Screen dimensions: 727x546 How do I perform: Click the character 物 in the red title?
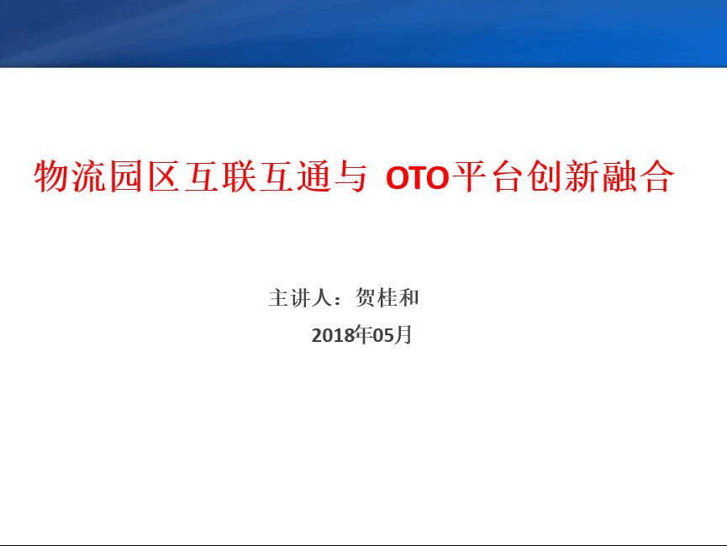(x=52, y=176)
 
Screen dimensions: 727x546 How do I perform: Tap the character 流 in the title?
(x=89, y=176)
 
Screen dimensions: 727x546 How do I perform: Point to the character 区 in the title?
(x=164, y=176)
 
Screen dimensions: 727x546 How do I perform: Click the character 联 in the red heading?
(x=239, y=176)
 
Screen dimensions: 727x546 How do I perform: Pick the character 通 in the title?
(x=313, y=176)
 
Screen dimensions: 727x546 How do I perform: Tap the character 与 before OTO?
(x=351, y=176)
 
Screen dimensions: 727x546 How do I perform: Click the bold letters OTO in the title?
(x=417, y=177)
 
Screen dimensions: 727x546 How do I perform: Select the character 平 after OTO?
(x=469, y=176)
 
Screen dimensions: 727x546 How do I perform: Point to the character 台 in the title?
(x=507, y=176)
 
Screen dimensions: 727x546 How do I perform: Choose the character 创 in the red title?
(x=545, y=176)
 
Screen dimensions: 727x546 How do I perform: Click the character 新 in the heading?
(x=582, y=176)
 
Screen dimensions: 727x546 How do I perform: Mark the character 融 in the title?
(x=619, y=176)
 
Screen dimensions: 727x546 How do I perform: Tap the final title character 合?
(x=656, y=176)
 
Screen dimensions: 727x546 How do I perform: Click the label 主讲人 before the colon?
(x=300, y=297)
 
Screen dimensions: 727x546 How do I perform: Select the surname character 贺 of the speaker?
(x=366, y=297)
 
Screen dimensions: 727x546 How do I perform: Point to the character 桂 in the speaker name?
(x=387, y=297)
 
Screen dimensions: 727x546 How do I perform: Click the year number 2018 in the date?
(x=333, y=335)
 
